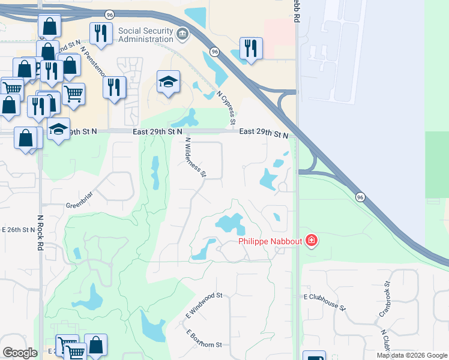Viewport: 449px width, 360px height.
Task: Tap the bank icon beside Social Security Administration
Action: pyautogui.click(x=183, y=34)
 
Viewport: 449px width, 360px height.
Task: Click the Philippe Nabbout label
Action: pyautogui.click(x=271, y=242)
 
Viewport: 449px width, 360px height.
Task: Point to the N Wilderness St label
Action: pyautogui.click(x=196, y=157)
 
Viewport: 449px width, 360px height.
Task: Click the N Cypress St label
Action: pyautogui.click(x=225, y=109)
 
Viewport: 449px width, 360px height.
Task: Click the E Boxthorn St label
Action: pyautogui.click(x=204, y=338)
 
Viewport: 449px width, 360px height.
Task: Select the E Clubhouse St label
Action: pyautogui.click(x=325, y=302)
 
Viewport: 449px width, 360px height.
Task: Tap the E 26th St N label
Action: pyautogui.click(x=17, y=230)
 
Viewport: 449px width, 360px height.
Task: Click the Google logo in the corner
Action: pyautogui.click(x=20, y=352)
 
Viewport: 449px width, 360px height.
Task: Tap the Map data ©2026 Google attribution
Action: pyautogui.click(x=412, y=355)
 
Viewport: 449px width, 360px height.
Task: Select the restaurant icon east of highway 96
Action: pyautogui.click(x=251, y=49)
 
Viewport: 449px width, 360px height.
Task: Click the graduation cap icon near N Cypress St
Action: pyautogui.click(x=169, y=82)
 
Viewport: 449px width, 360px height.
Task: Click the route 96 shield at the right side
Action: pyautogui.click(x=360, y=197)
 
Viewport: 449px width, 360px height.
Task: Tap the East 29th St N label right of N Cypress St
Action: pyautogui.click(x=264, y=134)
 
